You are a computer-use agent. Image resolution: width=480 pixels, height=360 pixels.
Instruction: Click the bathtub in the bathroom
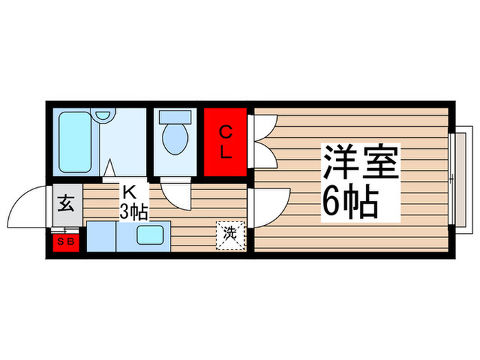pos(76,142)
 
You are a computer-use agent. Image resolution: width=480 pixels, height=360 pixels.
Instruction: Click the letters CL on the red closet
pos(226,142)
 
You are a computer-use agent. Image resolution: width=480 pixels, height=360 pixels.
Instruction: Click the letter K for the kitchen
pos(130,191)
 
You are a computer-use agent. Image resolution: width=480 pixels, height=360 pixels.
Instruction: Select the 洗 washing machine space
pos(230,234)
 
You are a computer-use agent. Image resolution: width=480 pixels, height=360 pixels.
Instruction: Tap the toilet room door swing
pos(176,195)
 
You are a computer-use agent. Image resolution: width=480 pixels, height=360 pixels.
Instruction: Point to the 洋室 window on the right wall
pos(455,178)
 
